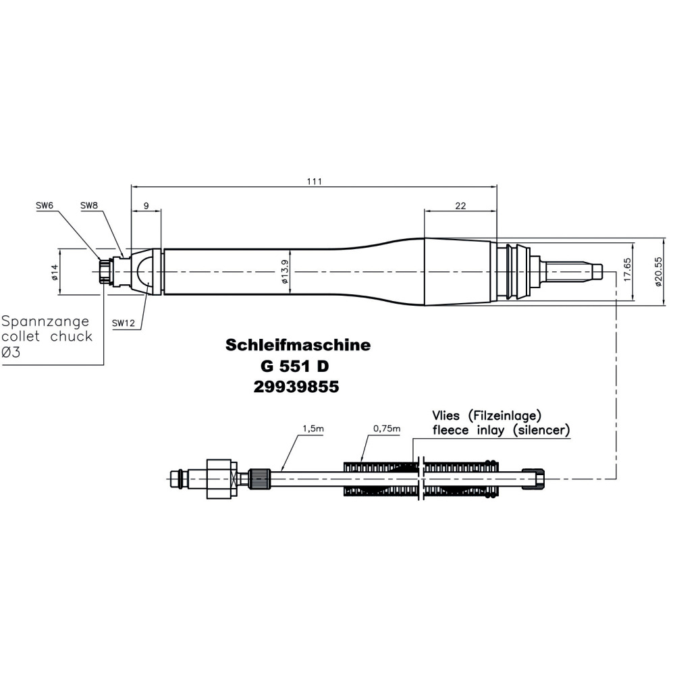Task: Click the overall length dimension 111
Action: pos(315,182)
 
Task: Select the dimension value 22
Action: pos(460,207)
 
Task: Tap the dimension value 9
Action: pos(146,207)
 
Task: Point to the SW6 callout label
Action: pos(45,205)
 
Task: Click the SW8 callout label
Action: pos(89,205)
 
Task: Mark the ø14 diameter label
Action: pos(55,272)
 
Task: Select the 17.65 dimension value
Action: pos(627,270)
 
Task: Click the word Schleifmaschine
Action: pos(298,345)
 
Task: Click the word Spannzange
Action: pos(47,320)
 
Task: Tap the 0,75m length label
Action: pos(387,429)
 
